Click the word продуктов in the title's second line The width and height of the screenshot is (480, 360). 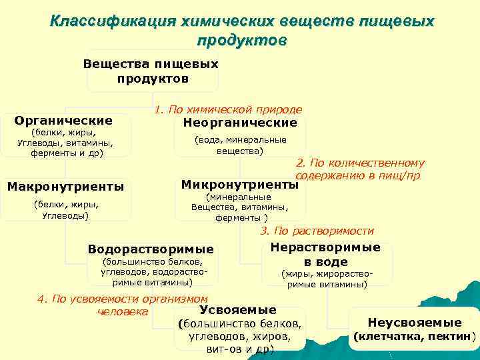(241, 40)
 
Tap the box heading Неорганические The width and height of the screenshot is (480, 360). (239, 123)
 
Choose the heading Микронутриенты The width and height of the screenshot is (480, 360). (239, 184)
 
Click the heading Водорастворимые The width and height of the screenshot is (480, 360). (151, 249)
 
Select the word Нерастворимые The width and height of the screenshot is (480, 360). (325, 247)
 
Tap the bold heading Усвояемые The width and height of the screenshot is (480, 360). (237, 310)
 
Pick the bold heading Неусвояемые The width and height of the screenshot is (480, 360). (415, 322)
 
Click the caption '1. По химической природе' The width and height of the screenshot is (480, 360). (227, 109)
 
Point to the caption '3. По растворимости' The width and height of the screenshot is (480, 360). (317, 231)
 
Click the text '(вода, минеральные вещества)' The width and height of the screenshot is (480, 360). (240, 145)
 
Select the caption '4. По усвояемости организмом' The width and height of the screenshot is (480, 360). (123, 299)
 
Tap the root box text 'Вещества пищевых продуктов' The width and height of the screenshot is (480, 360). (151, 71)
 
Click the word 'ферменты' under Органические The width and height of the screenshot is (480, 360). (52, 153)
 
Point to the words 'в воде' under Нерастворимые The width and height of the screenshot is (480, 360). (325, 261)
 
